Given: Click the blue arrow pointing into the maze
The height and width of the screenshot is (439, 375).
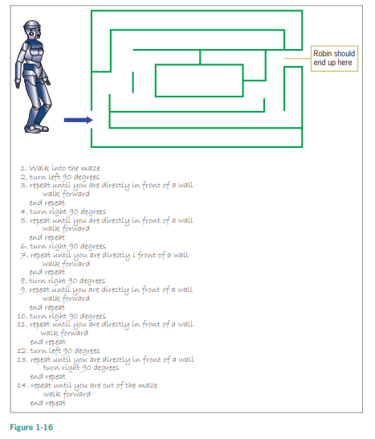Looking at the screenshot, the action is pos(79,120).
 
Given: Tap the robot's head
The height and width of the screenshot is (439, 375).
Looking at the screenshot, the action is pos(32,30).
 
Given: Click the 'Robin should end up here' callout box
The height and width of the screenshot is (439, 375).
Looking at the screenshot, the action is pos(334,58).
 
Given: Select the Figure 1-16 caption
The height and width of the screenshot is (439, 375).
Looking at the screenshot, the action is pos(31,427).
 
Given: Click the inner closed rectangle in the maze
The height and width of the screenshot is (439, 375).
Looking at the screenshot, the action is pos(199,64).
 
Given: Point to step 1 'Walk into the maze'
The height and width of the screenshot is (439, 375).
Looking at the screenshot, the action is pos(60,168).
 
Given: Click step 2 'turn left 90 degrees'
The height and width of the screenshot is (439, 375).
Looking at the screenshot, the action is pos(60,177).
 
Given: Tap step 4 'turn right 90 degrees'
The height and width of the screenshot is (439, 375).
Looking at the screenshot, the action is pos(63,211).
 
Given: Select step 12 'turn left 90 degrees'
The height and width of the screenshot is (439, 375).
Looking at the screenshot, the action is pos(59,351).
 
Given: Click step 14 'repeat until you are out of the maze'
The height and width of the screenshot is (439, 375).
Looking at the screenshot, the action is pos(88,385).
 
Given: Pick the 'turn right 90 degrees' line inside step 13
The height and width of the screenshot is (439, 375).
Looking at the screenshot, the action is pos(81,367).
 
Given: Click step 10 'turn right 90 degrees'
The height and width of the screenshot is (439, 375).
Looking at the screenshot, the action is pos(62,316).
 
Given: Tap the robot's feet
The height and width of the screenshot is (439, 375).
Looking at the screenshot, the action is pos(36,129).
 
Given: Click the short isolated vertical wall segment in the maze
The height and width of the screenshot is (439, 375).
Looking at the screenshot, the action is pos(132,82).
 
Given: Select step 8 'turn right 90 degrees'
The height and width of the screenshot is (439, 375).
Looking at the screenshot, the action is pos(63,281).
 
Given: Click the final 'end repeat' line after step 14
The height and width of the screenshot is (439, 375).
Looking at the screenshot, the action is pos(48,403).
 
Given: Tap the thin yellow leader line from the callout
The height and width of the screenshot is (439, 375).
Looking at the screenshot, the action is pos(297,58).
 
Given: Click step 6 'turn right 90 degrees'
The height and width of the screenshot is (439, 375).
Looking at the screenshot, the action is pos(63,246).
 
